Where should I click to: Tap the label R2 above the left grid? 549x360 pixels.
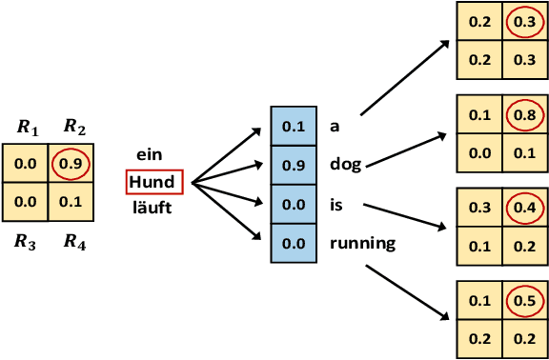click(x=73, y=128)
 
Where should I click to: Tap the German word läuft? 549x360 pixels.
click(x=152, y=206)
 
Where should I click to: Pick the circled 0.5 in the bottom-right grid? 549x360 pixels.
click(x=523, y=301)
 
